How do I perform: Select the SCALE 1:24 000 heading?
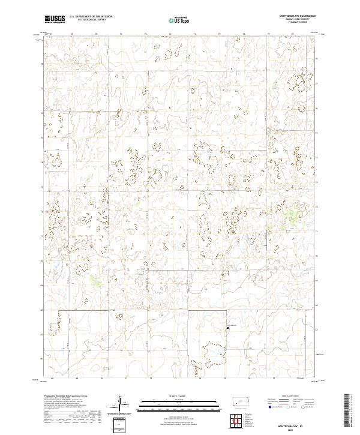(180, 397)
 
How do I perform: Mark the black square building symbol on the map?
(227, 328)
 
